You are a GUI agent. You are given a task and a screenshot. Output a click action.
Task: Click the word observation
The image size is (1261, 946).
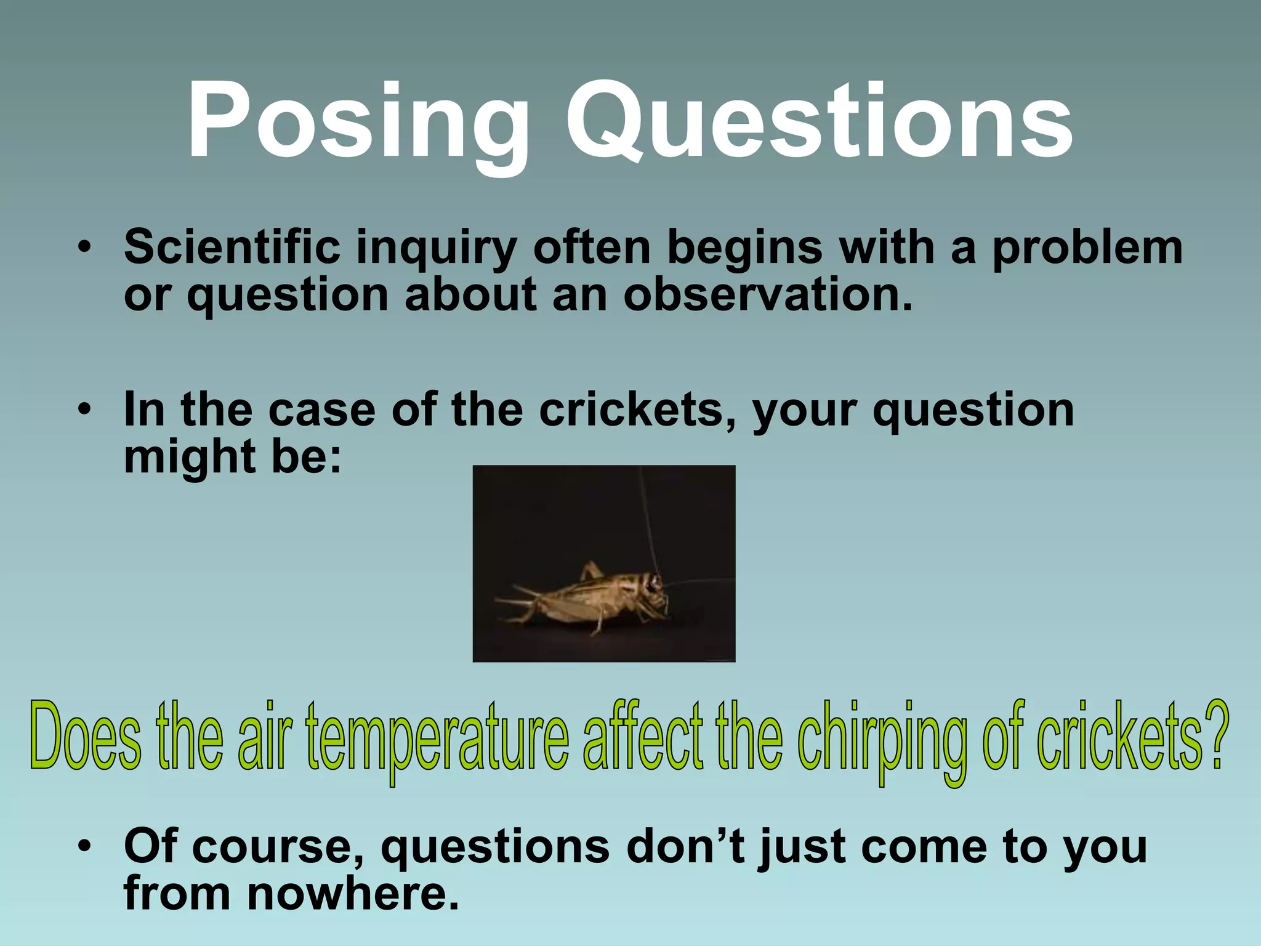[x=767, y=294]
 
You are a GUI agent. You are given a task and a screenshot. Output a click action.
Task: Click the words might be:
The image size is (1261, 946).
[x=232, y=458]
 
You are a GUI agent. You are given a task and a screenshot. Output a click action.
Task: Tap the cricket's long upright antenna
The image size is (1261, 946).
[x=647, y=517]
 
